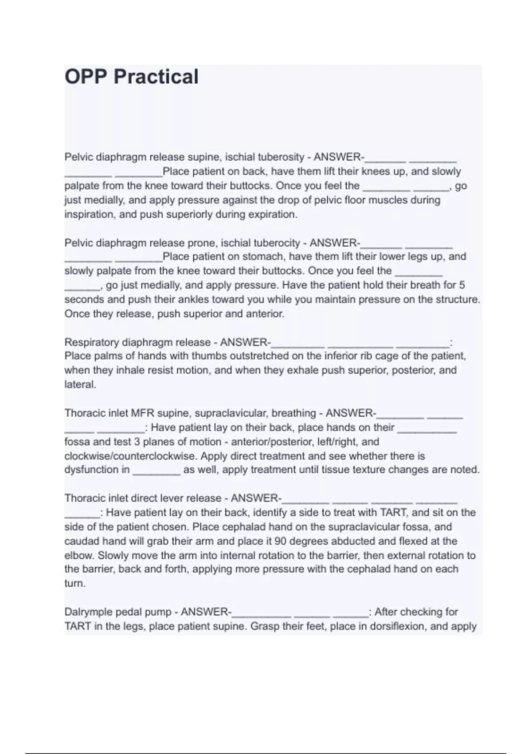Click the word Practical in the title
pyautogui.click(x=156, y=77)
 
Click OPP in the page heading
pyautogui.click(x=86, y=77)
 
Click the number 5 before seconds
pyautogui.click(x=462, y=285)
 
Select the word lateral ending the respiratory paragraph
pyautogui.click(x=80, y=385)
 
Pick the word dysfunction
pyautogui.click(x=97, y=470)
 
